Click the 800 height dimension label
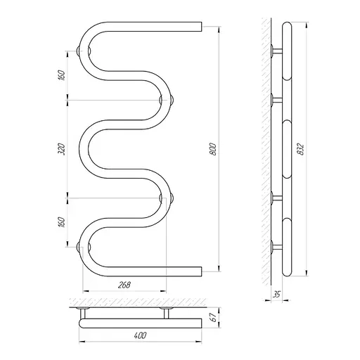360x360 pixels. [213, 148]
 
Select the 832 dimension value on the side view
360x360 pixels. [300, 148]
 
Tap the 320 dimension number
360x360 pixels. [61, 149]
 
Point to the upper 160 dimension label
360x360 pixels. [61, 75]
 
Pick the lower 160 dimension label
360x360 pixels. [61, 222]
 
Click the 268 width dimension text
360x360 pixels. [124, 285]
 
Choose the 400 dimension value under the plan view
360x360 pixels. [140, 335]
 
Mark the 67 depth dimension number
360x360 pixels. [213, 318]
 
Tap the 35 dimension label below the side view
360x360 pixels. [277, 295]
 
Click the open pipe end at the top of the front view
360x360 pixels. [201, 27]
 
